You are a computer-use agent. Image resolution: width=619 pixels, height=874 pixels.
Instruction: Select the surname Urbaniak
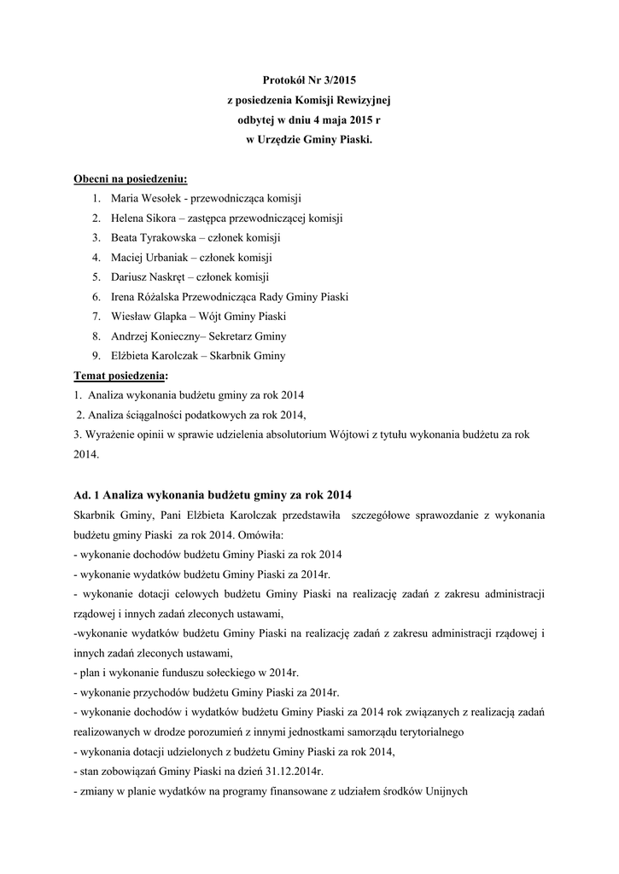click(x=167, y=257)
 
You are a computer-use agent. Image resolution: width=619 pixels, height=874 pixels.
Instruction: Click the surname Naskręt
click(x=168, y=277)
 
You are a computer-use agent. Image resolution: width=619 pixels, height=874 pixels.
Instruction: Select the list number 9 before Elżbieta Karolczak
click(x=96, y=355)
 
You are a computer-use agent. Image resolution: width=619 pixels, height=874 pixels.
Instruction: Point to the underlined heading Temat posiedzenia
click(x=120, y=375)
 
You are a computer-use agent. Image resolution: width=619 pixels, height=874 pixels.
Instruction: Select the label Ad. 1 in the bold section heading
click(x=87, y=495)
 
